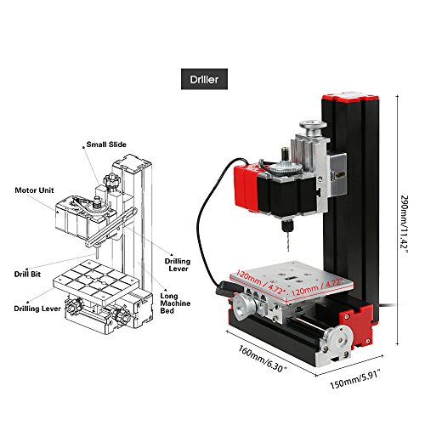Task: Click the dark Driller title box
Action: click(x=204, y=79)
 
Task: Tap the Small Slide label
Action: click(x=106, y=144)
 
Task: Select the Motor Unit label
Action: click(x=34, y=190)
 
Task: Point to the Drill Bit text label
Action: click(x=27, y=275)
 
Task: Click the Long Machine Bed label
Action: click(x=175, y=303)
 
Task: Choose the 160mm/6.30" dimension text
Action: click(x=263, y=358)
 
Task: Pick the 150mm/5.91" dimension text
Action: click(x=355, y=380)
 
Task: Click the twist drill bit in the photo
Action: click(x=288, y=241)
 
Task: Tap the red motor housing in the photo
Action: click(x=246, y=188)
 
